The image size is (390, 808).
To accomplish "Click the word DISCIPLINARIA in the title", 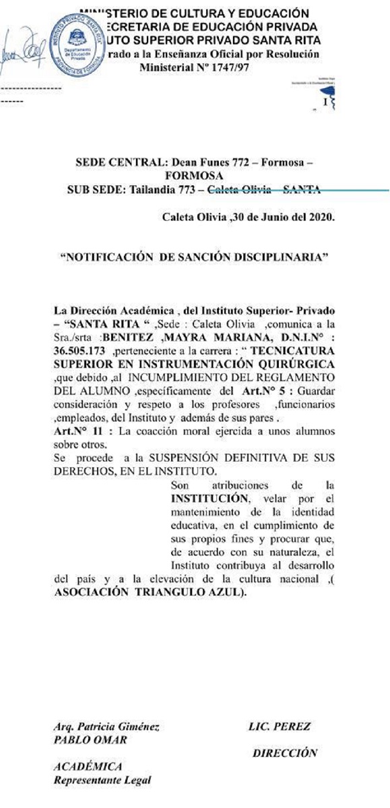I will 278,257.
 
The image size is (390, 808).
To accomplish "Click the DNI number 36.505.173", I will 82,351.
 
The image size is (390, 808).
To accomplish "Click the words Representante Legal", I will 102,780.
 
